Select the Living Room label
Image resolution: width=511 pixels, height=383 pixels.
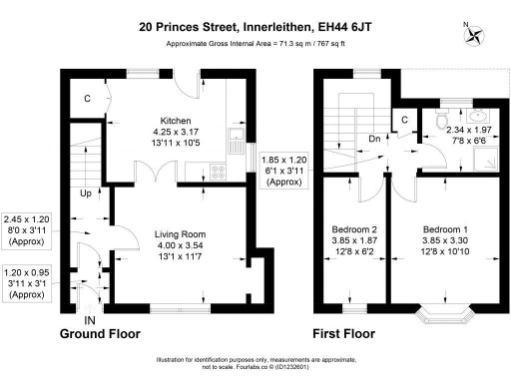tap(179, 234)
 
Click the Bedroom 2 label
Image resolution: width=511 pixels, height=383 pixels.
tap(352, 228)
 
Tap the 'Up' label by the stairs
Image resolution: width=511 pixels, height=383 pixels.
tap(86, 193)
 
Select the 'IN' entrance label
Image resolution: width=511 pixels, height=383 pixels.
tap(91, 319)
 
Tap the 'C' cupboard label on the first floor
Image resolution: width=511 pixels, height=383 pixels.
tap(404, 121)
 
